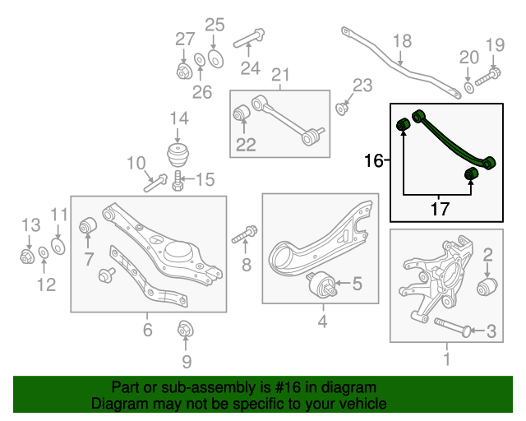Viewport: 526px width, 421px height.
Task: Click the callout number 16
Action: (x=374, y=160)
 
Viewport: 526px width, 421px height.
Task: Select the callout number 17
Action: (x=441, y=209)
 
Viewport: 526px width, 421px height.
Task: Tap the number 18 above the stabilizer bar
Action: (x=400, y=41)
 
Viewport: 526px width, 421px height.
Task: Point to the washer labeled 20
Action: (x=468, y=86)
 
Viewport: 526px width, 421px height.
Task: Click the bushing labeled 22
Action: (x=242, y=113)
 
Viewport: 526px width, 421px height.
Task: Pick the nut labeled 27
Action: (x=184, y=71)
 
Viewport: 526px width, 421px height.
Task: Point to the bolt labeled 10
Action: (x=155, y=183)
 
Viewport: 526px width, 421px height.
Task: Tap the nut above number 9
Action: (x=185, y=331)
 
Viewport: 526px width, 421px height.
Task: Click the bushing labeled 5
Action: (x=324, y=286)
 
